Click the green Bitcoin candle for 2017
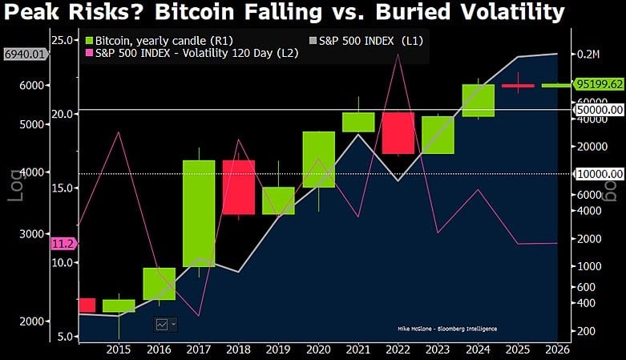pyautogui.click(x=198, y=212)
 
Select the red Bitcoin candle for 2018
pyautogui.click(x=238, y=187)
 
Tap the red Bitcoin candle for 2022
pyautogui.click(x=398, y=133)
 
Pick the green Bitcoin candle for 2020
pyautogui.click(x=318, y=160)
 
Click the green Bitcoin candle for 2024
pyautogui.click(x=478, y=100)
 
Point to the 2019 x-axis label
pyautogui.click(x=278, y=350)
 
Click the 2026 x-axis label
pyautogui.click(x=558, y=350)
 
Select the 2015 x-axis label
pyautogui.click(x=118, y=350)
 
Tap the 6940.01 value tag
pyautogui.click(x=26, y=55)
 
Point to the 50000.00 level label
pyautogui.click(x=599, y=109)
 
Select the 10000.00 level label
pyautogui.click(x=599, y=173)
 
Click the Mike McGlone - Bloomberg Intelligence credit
pyautogui.click(x=446, y=329)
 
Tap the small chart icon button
pyautogui.click(x=166, y=324)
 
